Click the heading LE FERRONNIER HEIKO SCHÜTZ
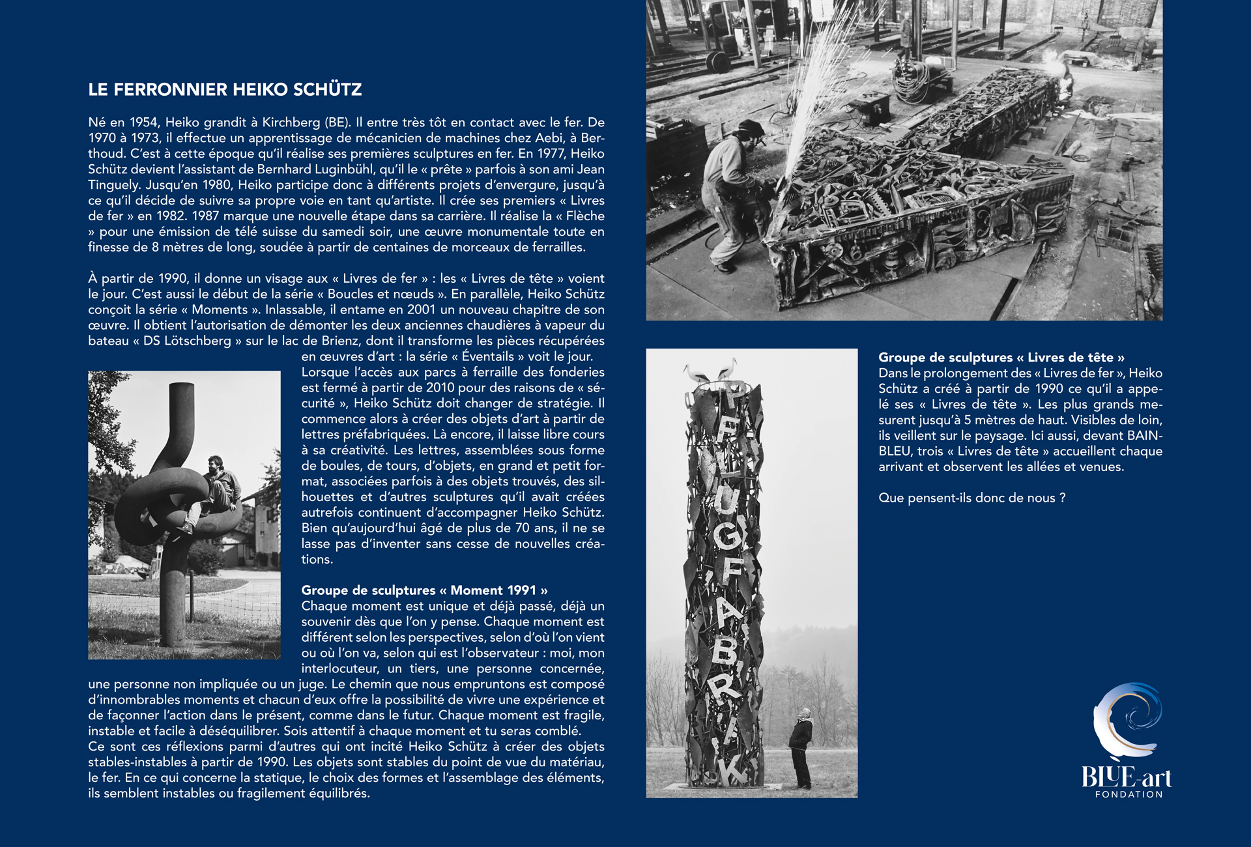tap(225, 90)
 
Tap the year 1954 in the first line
tap(143, 122)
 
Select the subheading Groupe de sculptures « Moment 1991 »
tap(424, 590)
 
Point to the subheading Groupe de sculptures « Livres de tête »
tap(1001, 357)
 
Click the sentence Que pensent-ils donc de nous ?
tap(971, 498)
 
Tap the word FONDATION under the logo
tap(1129, 794)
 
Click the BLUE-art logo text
tap(1126, 777)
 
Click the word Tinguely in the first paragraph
tap(113, 185)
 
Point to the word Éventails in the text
tap(487, 356)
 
